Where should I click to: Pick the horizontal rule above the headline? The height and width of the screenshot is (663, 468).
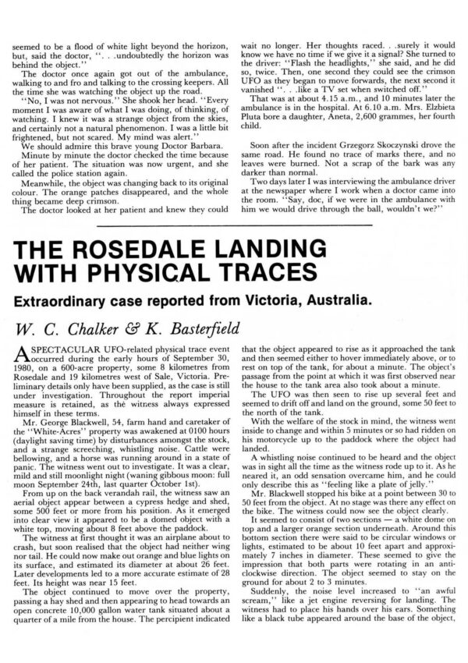[x=234, y=225]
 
